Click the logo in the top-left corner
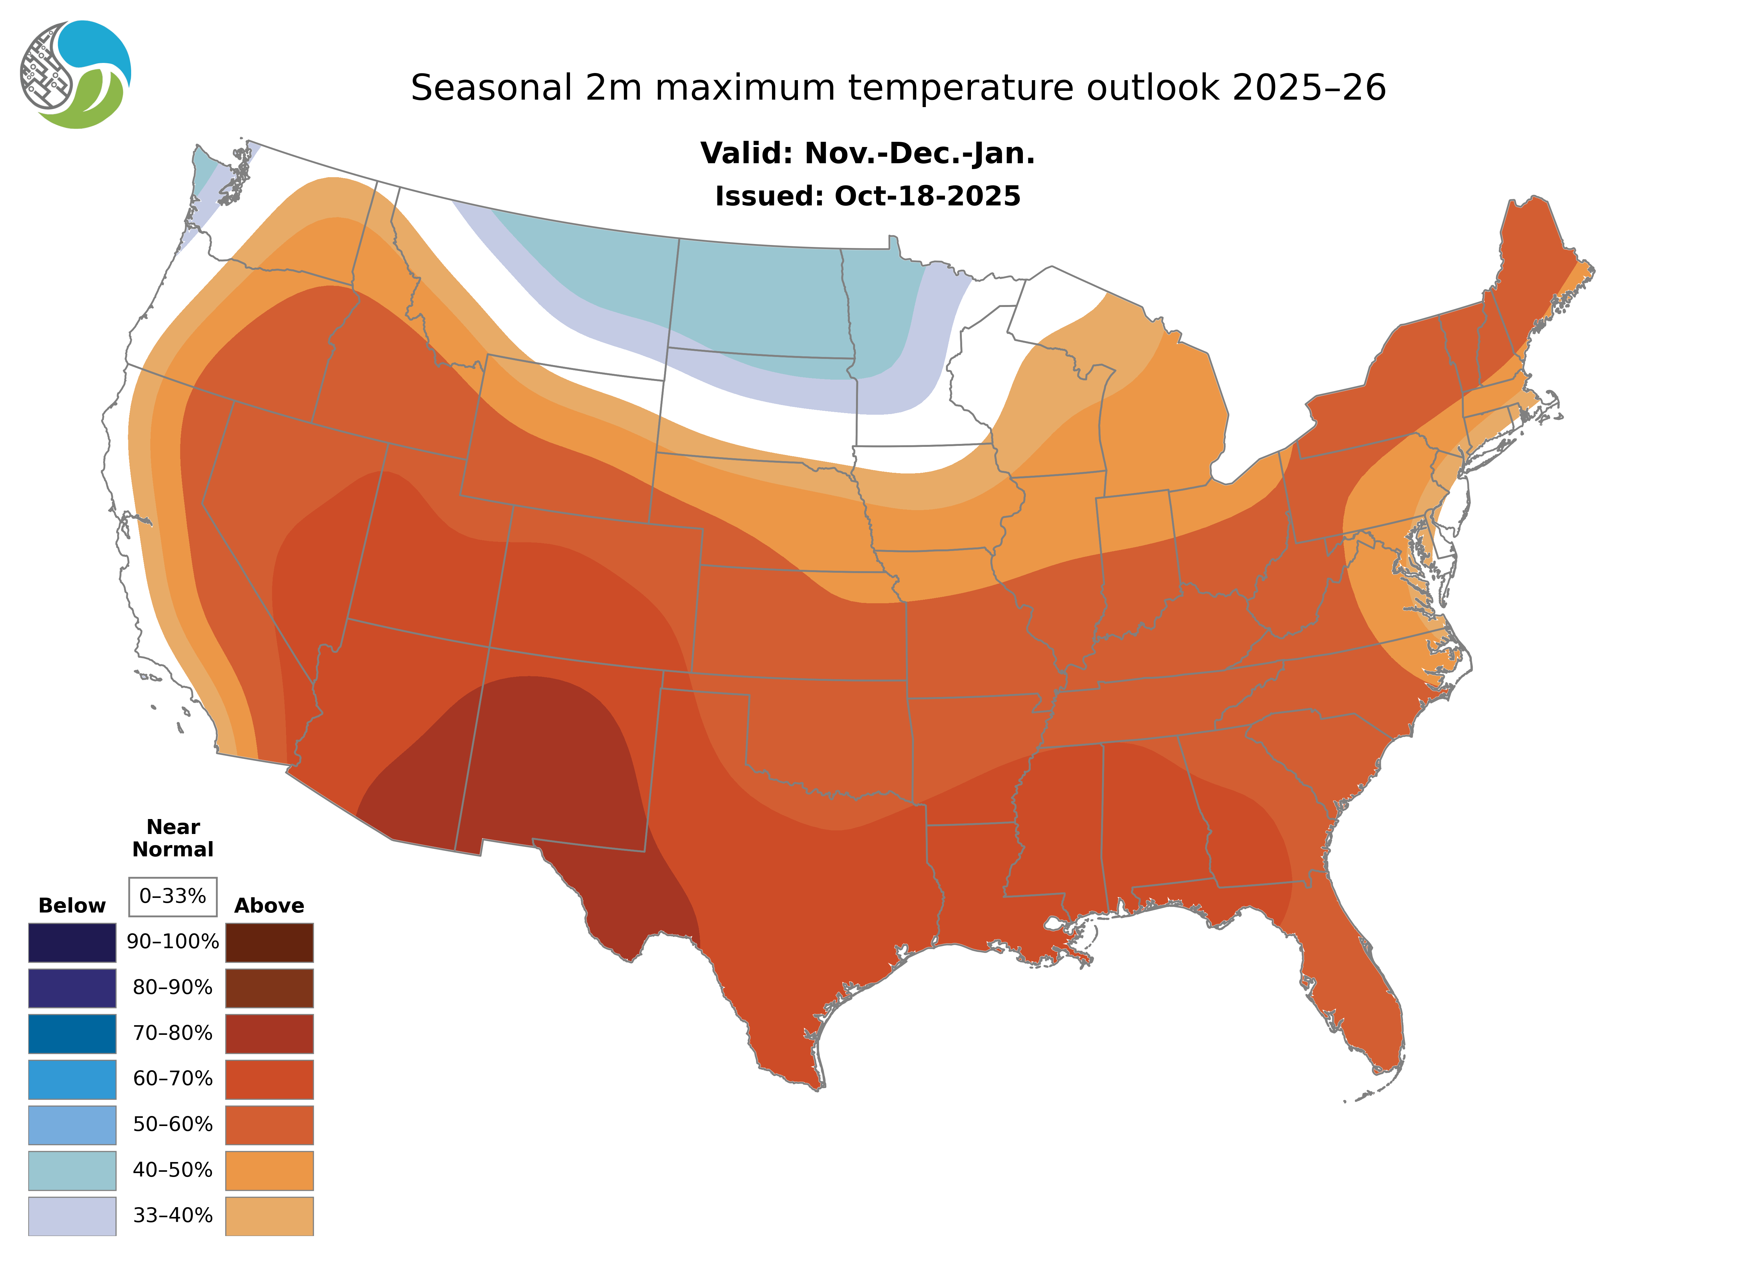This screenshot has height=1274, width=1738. pyautogui.click(x=76, y=74)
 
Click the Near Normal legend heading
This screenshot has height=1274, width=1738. pyautogui.click(x=173, y=838)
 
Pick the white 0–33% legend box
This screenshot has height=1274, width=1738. pyautogui.click(x=173, y=896)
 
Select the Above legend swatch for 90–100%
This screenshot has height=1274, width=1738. pyautogui.click(x=269, y=942)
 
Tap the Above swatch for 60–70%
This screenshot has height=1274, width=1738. pyautogui.click(x=269, y=1079)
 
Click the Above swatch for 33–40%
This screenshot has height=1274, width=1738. pyautogui.click(x=269, y=1215)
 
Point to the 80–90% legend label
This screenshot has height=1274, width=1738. pyautogui.click(x=173, y=988)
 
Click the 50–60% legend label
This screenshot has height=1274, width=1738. pyautogui.click(x=173, y=1124)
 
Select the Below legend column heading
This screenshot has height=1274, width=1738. pyautogui.click(x=72, y=905)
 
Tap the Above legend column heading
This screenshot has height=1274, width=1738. pyautogui.click(x=269, y=905)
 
